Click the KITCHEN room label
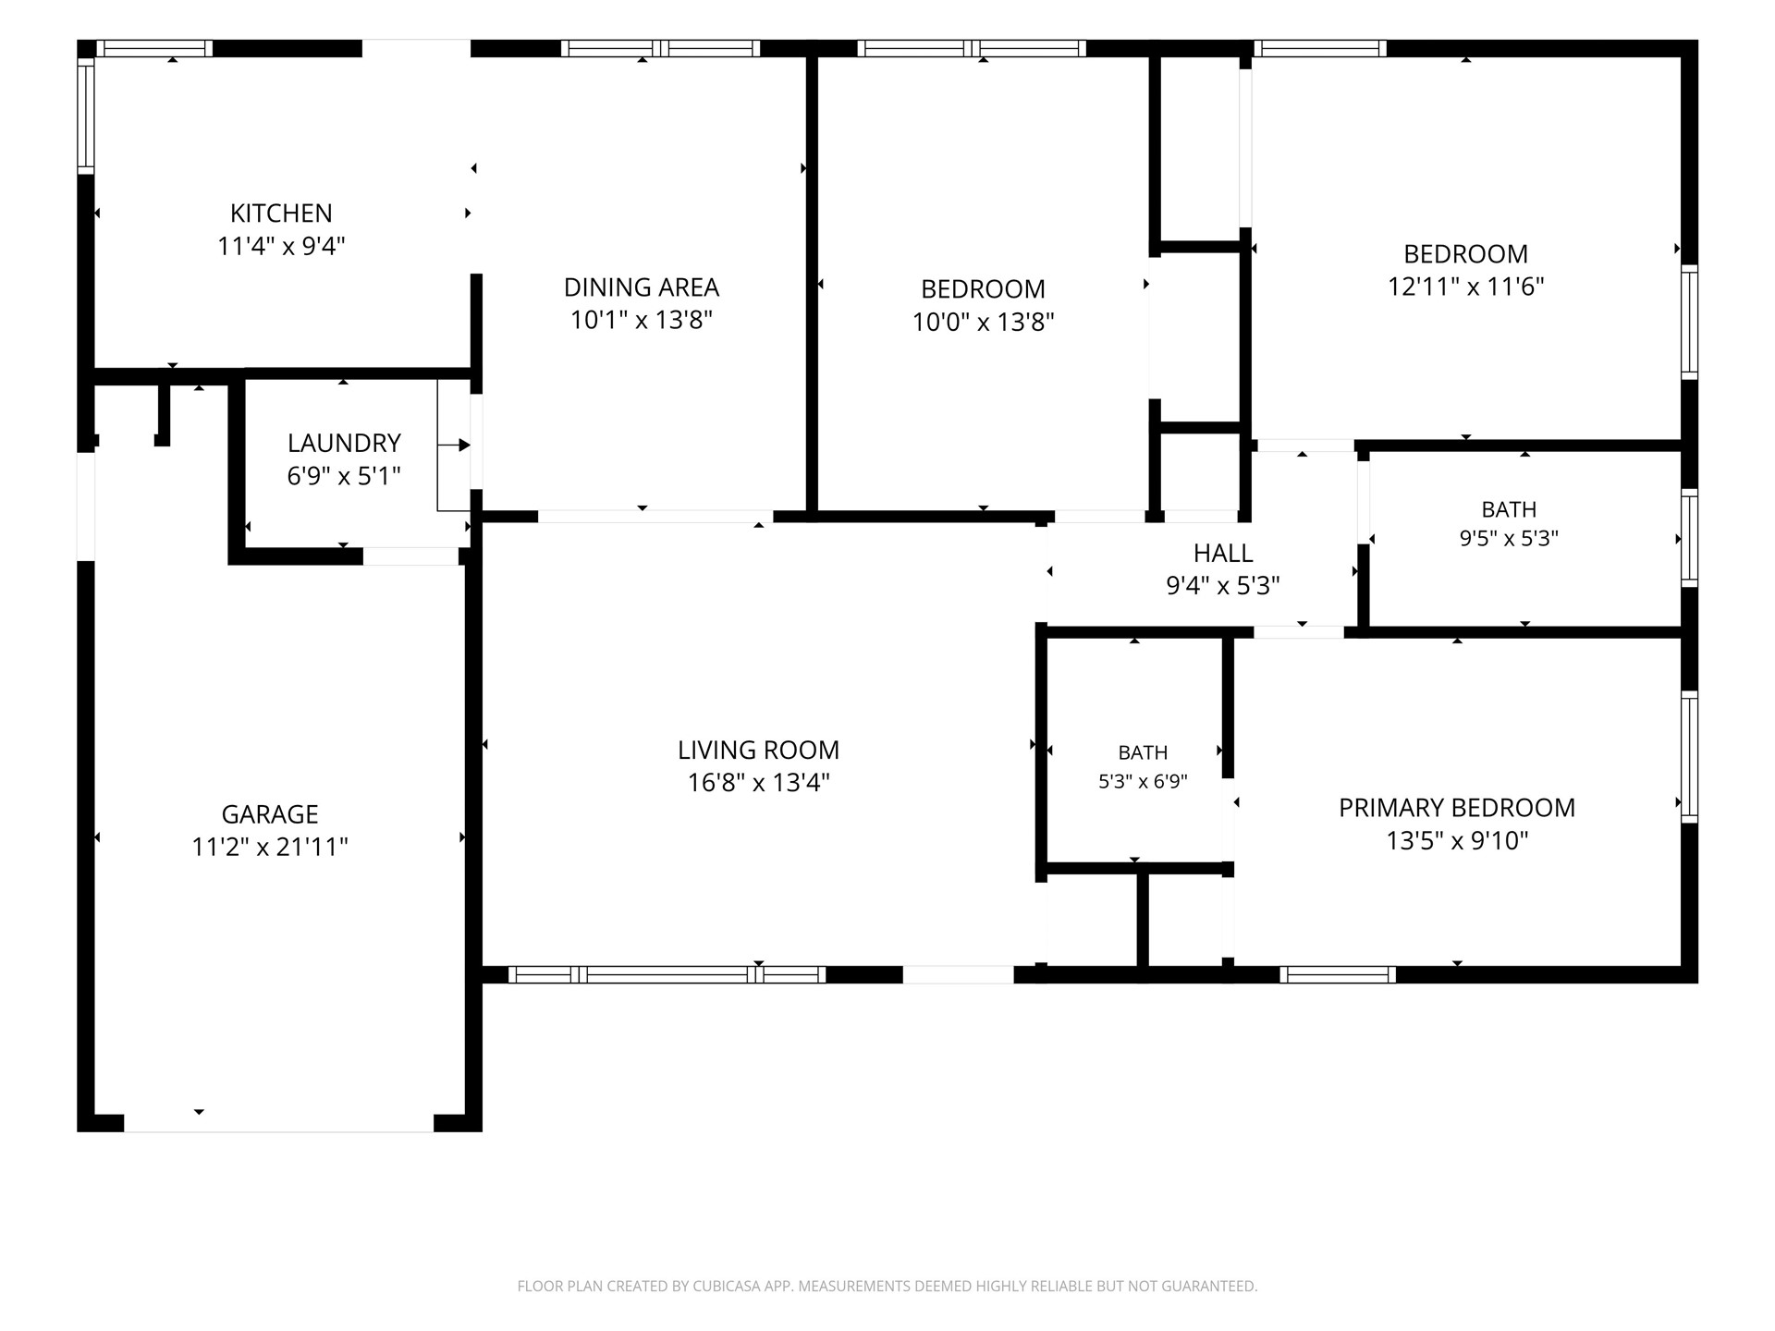281,214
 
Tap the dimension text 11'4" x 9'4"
281,247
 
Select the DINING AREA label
642,287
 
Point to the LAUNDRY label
344,444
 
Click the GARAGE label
270,814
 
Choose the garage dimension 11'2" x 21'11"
270,848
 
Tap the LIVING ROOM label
759,751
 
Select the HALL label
1223,554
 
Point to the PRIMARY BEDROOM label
1457,808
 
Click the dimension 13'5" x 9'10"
1457,841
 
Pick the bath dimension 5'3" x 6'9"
1143,782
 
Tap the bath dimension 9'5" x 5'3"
1509,539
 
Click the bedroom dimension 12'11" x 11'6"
1466,287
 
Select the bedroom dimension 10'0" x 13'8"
984,323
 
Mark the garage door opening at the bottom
278,1123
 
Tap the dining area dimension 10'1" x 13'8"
642,321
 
